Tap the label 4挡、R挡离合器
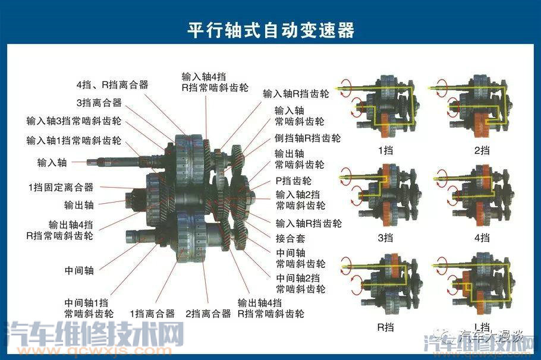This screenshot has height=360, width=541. (112, 84)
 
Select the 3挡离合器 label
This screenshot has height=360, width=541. (99, 103)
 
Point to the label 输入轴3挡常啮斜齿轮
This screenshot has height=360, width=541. (74, 121)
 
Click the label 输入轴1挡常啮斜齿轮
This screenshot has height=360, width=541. (74, 141)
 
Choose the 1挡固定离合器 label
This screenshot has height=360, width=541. (61, 187)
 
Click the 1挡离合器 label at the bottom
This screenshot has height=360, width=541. (152, 313)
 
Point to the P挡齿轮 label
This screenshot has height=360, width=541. (293, 181)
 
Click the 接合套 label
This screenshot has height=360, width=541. (290, 238)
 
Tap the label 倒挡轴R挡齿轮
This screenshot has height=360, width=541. (307, 138)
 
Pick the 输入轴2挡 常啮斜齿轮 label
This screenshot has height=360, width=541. (300, 200)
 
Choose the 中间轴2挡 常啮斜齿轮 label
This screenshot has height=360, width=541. (300, 283)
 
